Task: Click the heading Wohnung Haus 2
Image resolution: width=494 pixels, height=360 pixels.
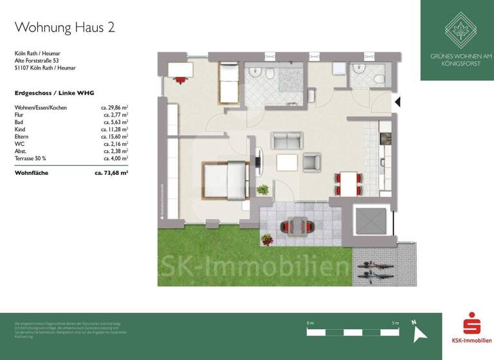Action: click(65, 27)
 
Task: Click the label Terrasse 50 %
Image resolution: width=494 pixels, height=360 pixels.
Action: click(31, 157)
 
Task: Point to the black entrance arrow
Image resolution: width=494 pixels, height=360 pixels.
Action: click(398, 102)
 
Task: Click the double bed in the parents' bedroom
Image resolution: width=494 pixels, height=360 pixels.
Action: click(225, 180)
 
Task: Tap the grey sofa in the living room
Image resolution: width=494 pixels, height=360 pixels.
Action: click(287, 140)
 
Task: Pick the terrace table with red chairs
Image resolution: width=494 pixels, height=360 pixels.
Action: click(297, 226)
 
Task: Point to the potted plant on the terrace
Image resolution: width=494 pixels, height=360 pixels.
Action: click(266, 239)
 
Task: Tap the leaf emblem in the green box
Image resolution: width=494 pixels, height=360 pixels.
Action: click(457, 31)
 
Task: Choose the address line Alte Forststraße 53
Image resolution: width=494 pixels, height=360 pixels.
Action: click(41, 60)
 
